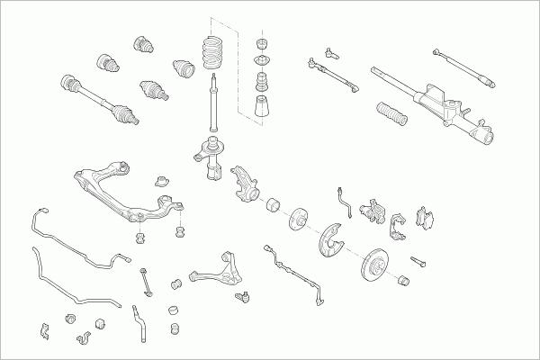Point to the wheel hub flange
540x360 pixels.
click(299, 218)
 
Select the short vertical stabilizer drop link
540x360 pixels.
click(144, 279)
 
